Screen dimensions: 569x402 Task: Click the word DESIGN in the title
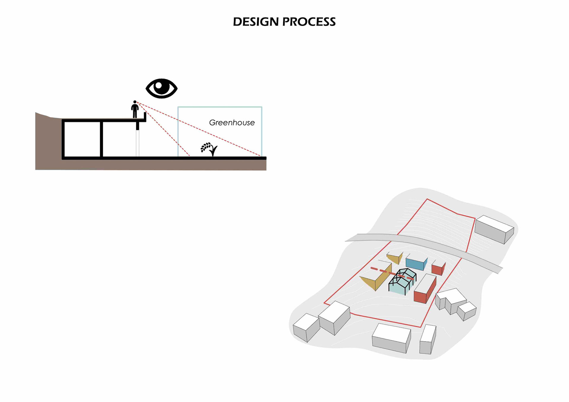(x=255, y=22)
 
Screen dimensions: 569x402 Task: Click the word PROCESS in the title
(x=309, y=22)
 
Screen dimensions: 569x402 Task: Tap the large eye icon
(x=162, y=88)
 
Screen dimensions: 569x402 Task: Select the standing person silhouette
(x=135, y=110)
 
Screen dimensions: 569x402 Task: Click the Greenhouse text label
(x=232, y=123)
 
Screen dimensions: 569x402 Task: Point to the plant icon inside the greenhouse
(x=209, y=149)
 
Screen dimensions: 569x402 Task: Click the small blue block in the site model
(x=416, y=263)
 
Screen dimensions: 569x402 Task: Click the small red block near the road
(x=438, y=268)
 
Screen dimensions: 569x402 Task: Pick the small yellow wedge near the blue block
(x=394, y=258)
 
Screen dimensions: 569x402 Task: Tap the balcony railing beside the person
(x=145, y=116)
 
